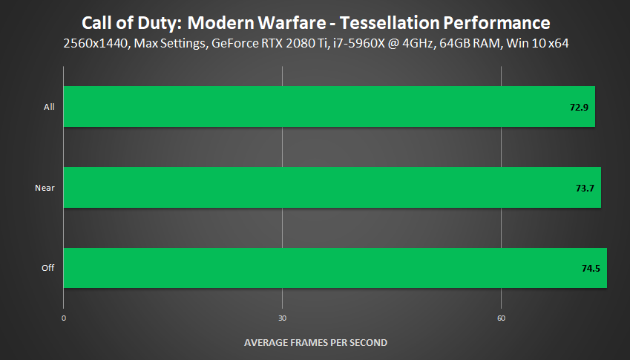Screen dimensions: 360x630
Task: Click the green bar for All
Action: [x=329, y=106]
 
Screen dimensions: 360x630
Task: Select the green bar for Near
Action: [x=332, y=187]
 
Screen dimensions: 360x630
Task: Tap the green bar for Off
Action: [x=335, y=267]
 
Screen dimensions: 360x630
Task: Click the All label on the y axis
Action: [x=49, y=107]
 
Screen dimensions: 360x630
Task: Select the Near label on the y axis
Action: [x=45, y=188]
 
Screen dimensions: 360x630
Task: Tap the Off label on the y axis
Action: [x=48, y=268]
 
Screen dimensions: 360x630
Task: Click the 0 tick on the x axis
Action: [x=64, y=318]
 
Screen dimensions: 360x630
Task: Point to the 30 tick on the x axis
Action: [x=283, y=318]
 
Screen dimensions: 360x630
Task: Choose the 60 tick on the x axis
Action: [x=501, y=318]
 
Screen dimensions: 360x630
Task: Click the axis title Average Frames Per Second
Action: [x=315, y=342]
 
